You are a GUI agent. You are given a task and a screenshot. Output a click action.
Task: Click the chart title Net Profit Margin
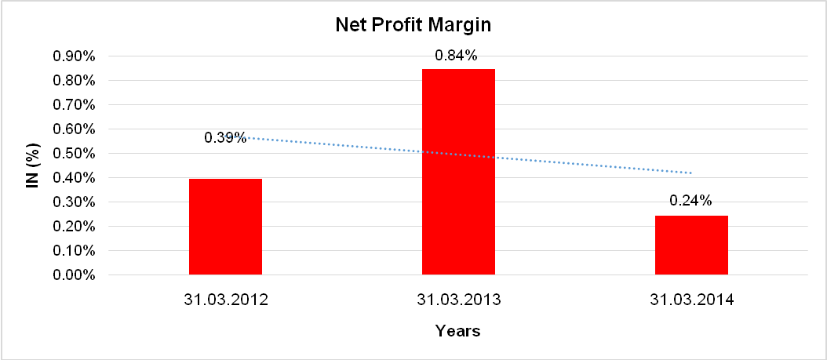pyautogui.click(x=413, y=24)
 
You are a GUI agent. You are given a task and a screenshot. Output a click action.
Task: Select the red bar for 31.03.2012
pyautogui.click(x=225, y=227)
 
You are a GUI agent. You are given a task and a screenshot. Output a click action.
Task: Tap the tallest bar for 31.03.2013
pyautogui.click(x=458, y=172)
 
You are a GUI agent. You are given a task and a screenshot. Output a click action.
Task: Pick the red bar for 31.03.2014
pyautogui.click(x=691, y=245)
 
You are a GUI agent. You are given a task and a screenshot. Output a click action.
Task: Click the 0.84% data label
pyautogui.click(x=458, y=56)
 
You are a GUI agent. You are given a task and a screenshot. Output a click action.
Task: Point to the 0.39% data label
pyautogui.click(x=225, y=137)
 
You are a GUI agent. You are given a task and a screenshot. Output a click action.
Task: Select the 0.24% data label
pyautogui.click(x=690, y=201)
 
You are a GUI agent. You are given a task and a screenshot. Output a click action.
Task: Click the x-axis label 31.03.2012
pyautogui.click(x=225, y=300)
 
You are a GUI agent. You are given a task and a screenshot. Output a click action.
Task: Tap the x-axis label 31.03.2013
pyautogui.click(x=458, y=300)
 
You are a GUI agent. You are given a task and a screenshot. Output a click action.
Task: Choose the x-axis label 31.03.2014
pyautogui.click(x=691, y=300)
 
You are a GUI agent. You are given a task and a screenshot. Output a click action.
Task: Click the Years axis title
pyautogui.click(x=458, y=331)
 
